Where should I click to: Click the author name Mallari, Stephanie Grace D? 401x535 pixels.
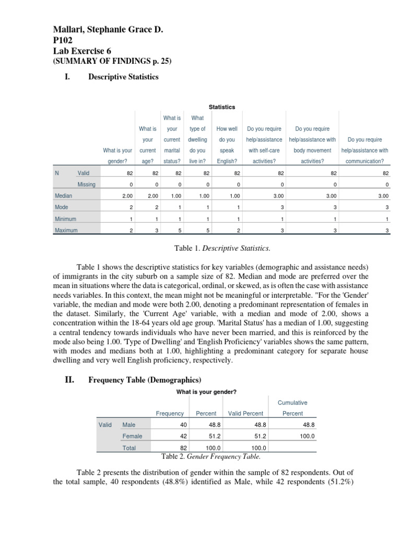[x=109, y=31]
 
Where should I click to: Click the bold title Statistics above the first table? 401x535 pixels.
[x=222, y=107]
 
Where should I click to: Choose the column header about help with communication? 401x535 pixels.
[x=364, y=150]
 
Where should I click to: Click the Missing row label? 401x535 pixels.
[x=87, y=184]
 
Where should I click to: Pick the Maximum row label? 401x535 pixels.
[x=66, y=230]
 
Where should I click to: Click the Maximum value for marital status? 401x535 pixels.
[x=179, y=230]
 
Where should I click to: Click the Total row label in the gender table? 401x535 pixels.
[x=128, y=448]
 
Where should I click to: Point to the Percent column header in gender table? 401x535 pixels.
[x=206, y=413]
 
